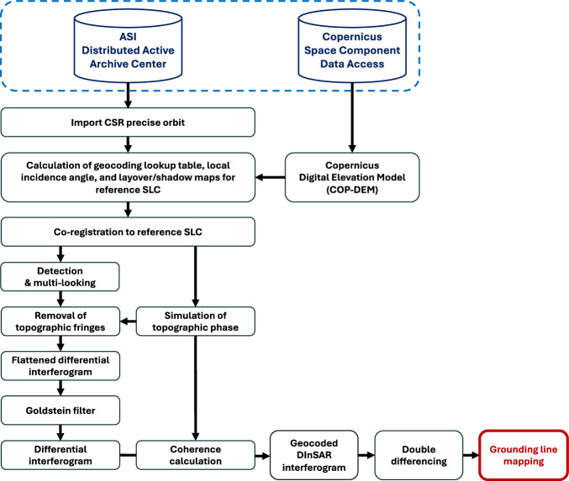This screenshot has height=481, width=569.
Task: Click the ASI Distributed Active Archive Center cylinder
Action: click(128, 46)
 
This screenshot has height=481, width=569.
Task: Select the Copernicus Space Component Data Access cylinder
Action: click(352, 46)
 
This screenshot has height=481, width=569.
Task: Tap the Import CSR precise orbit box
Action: click(128, 123)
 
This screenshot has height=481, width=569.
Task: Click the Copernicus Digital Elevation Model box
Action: click(352, 177)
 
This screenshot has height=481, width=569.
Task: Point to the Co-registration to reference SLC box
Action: click(128, 232)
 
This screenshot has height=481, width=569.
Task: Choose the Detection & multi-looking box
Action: click(61, 276)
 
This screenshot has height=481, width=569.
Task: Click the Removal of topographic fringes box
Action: click(61, 322)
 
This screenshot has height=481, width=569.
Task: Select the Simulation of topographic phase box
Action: click(195, 322)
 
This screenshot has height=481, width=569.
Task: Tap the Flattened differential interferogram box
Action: click(61, 366)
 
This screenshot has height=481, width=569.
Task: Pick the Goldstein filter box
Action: click(61, 410)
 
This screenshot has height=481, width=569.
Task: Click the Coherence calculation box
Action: click(195, 455)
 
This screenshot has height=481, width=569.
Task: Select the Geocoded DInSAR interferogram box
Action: click(313, 455)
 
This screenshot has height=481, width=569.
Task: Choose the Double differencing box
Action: click(419, 455)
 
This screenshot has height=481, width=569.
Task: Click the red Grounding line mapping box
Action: click(524, 455)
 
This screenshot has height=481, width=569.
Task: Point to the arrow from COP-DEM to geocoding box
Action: click(271, 177)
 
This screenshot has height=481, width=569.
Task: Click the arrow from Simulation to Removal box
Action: click(128, 322)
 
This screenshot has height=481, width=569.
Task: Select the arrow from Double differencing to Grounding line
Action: click(471, 455)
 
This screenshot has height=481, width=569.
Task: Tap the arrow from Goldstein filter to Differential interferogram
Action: click(61, 432)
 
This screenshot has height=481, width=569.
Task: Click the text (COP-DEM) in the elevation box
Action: click(352, 190)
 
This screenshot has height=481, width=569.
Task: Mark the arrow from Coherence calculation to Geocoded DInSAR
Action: click(262, 455)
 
